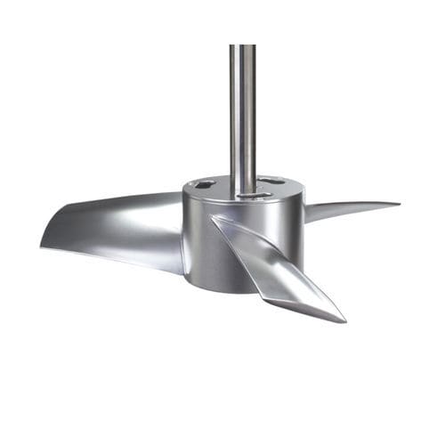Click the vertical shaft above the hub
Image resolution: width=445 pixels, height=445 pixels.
click(242, 107)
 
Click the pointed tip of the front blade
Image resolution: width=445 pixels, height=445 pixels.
click(344, 320)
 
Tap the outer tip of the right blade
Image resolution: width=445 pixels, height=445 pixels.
click(398, 204)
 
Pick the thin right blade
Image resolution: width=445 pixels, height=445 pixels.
click(352, 208)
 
